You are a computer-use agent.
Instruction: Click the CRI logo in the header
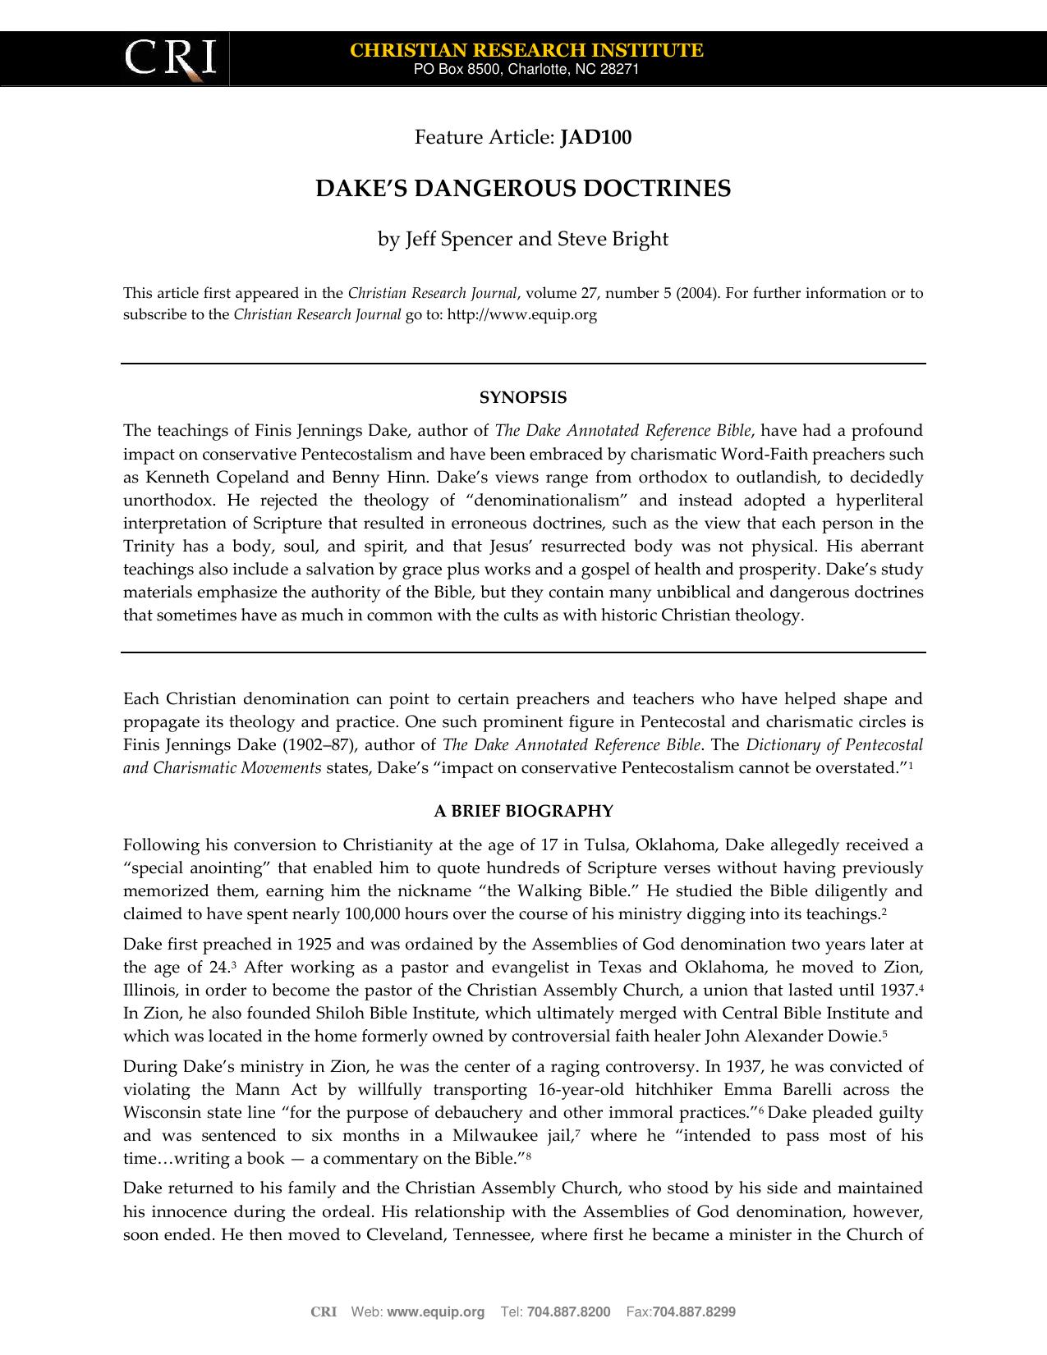pos(170,59)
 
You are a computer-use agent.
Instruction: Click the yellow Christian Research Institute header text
pos(526,50)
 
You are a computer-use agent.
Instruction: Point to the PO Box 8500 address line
pos(526,70)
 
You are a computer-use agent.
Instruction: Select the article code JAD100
pos(595,137)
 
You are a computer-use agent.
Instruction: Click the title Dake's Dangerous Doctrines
pos(523,189)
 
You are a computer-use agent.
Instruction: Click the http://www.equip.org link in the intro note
pos(521,314)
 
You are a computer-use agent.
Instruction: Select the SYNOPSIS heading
pos(523,398)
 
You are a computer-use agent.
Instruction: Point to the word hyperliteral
pos(879,501)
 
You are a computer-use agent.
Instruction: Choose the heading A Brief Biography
pos(523,812)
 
